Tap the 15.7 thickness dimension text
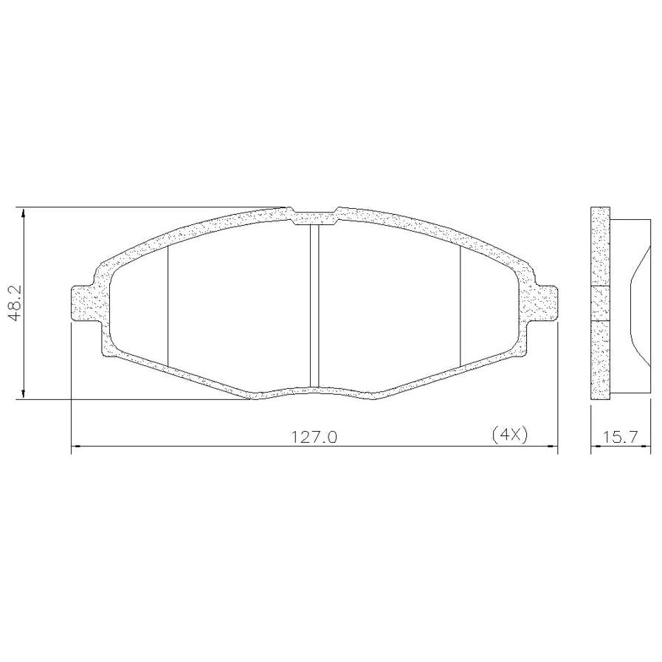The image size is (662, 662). tap(620, 437)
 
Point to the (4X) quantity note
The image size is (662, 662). tap(510, 435)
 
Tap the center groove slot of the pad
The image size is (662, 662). tap(314, 306)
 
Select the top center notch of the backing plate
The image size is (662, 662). tap(314, 216)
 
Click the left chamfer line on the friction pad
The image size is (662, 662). tap(168, 306)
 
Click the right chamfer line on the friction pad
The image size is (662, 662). tap(460, 306)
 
